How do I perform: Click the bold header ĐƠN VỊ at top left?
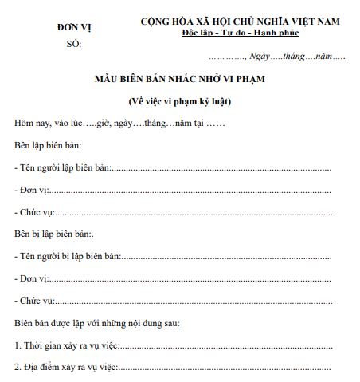click(74, 26)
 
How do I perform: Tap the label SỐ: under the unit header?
click(74, 45)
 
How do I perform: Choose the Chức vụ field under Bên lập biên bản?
click(35, 212)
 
